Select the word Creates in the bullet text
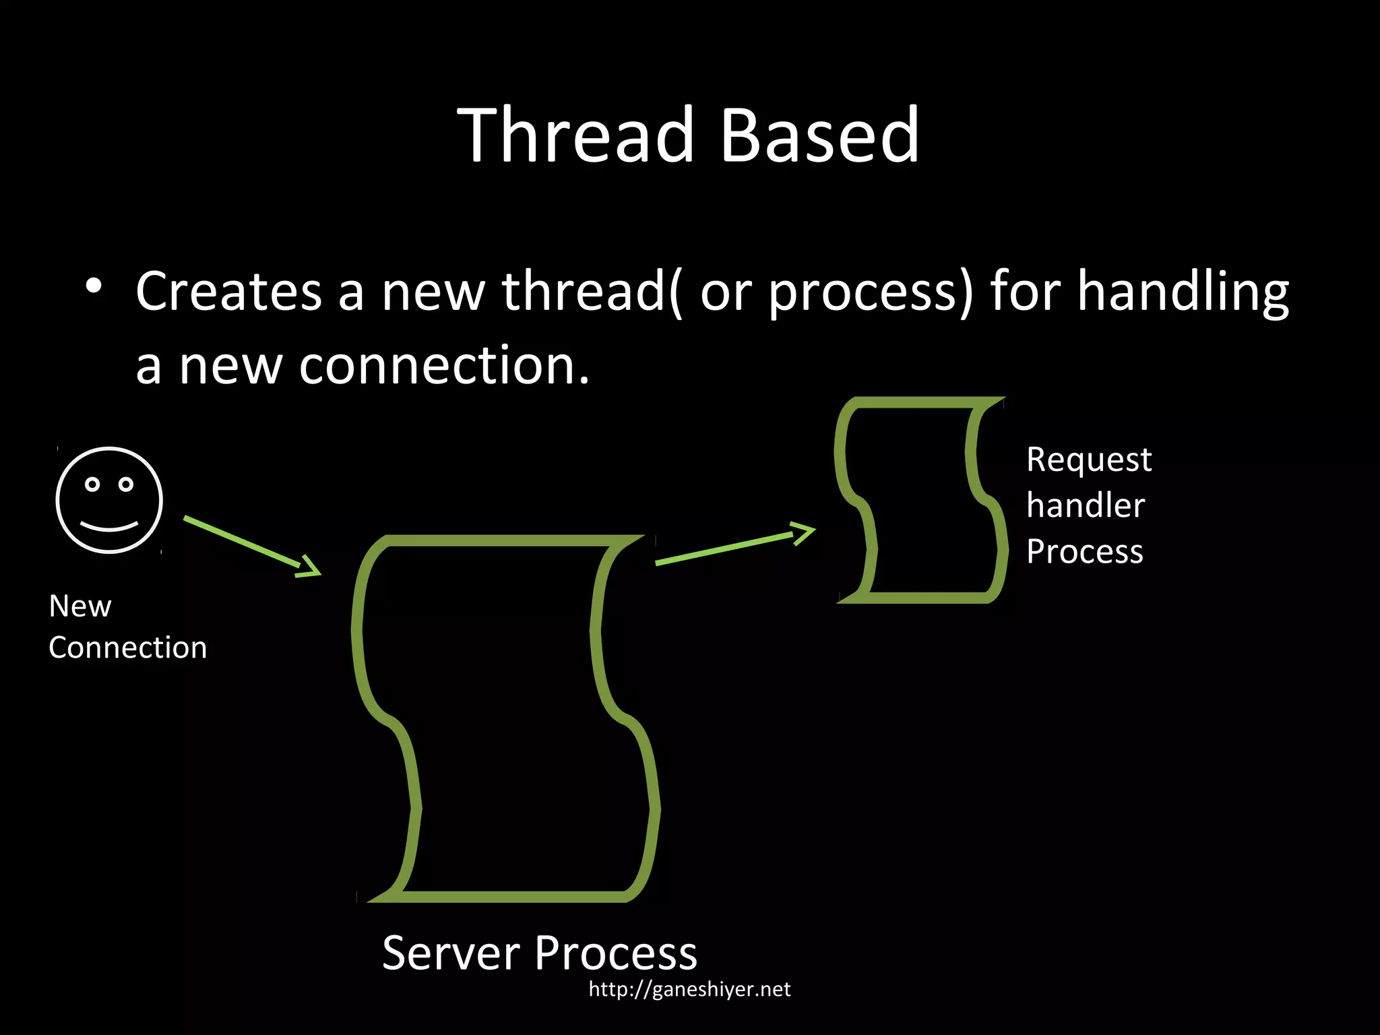229,291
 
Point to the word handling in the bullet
1183,291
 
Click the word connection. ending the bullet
444,365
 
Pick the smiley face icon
109,500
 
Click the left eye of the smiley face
92,484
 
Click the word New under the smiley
80,606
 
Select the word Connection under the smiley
128,648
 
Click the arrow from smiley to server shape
252,546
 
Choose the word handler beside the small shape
1086,505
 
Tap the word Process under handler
1085,551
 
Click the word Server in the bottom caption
451,953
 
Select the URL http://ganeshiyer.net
689,989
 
